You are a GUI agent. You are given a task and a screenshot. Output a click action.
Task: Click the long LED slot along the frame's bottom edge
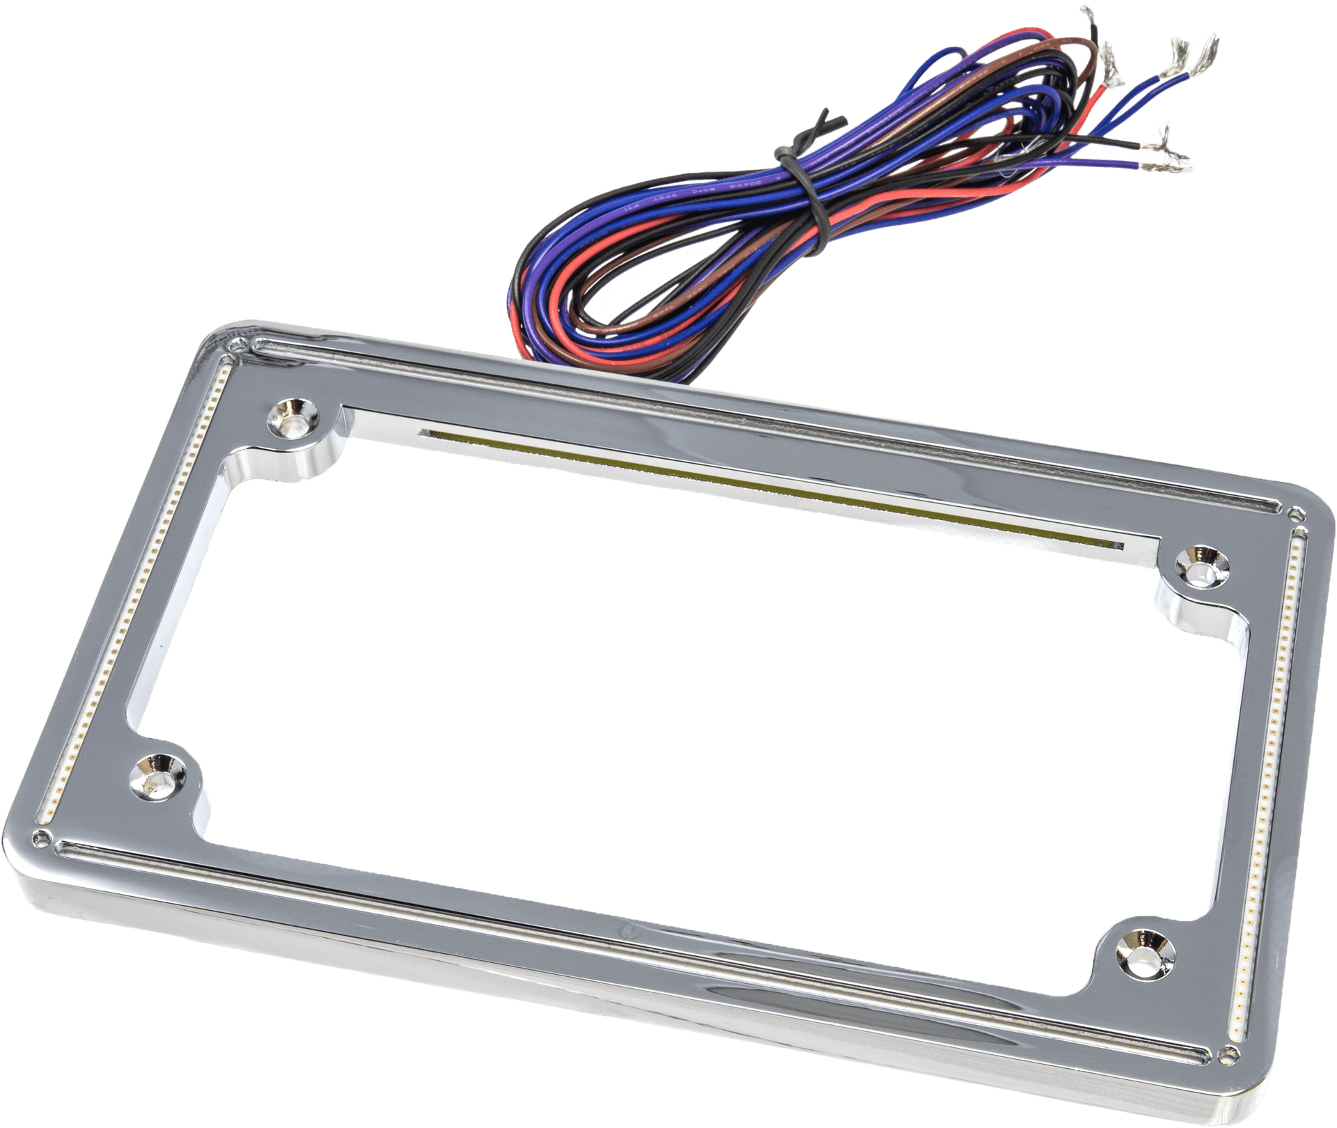(627, 933)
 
